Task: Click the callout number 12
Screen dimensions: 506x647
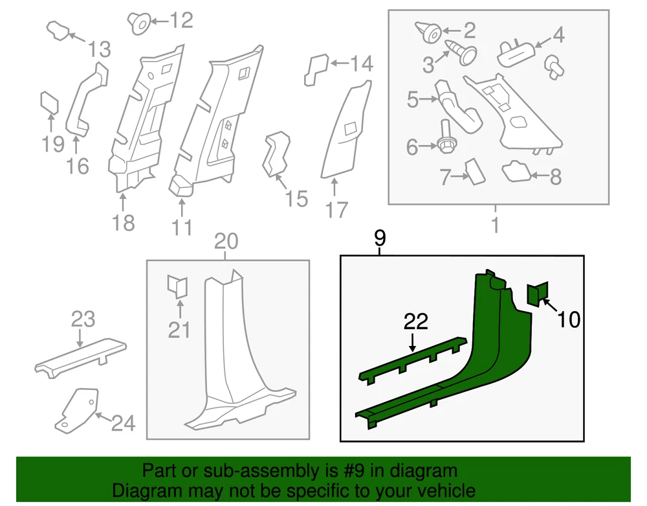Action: click(x=181, y=21)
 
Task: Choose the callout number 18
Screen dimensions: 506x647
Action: click(x=123, y=222)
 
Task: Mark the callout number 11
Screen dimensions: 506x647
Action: click(x=182, y=227)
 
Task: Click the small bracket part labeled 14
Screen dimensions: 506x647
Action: click(x=316, y=69)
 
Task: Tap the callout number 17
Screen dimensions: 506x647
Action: click(x=337, y=210)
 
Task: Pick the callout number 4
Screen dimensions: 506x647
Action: click(x=558, y=34)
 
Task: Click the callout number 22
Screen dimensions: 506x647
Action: click(x=417, y=321)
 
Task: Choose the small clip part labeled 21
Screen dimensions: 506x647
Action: click(x=177, y=286)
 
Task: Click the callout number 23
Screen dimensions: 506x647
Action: click(x=83, y=319)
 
